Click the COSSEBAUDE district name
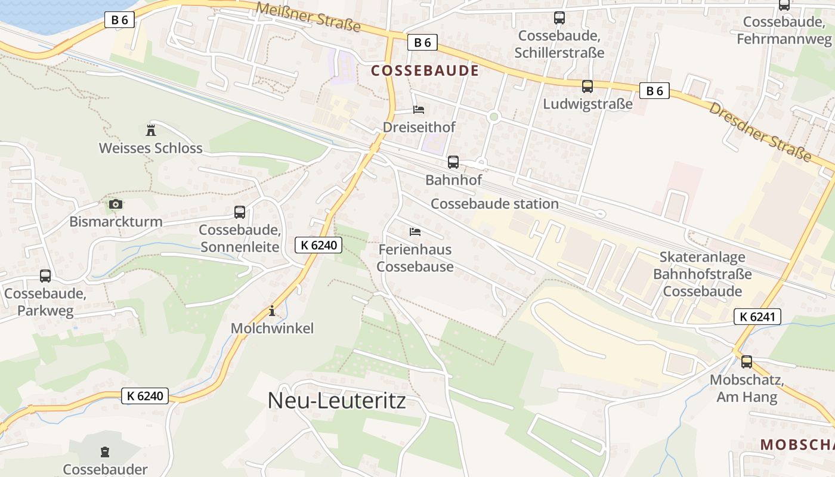[425, 71]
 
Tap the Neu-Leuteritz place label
[336, 400]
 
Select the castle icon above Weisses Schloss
[150, 129]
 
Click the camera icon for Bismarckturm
[115, 205]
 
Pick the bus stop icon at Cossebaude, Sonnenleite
[240, 212]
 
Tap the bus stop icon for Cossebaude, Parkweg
[45, 276]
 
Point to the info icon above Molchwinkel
[272, 311]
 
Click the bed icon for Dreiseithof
[419, 110]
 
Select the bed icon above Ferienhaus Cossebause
[415, 231]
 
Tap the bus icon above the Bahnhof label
[453, 162]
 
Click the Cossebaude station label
[494, 204]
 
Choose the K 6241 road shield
[757, 317]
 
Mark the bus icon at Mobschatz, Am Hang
[747, 362]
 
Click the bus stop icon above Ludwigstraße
[587, 86]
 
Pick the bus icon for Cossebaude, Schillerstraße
[559, 18]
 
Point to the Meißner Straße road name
[308, 16]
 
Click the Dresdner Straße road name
[760, 131]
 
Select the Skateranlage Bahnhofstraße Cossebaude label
[703, 274]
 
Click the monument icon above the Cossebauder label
[105, 451]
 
